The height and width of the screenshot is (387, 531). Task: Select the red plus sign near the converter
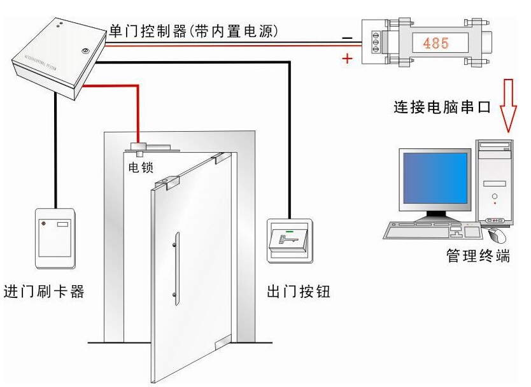(348, 59)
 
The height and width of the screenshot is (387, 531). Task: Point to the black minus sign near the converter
(348, 38)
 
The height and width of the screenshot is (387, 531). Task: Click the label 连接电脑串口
(441, 106)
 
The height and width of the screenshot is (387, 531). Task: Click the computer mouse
(499, 235)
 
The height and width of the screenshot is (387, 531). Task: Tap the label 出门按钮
(299, 293)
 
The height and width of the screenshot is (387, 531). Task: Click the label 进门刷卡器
(44, 293)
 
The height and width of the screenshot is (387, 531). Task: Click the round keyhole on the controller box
(85, 50)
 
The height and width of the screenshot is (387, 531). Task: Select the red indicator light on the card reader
(43, 223)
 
